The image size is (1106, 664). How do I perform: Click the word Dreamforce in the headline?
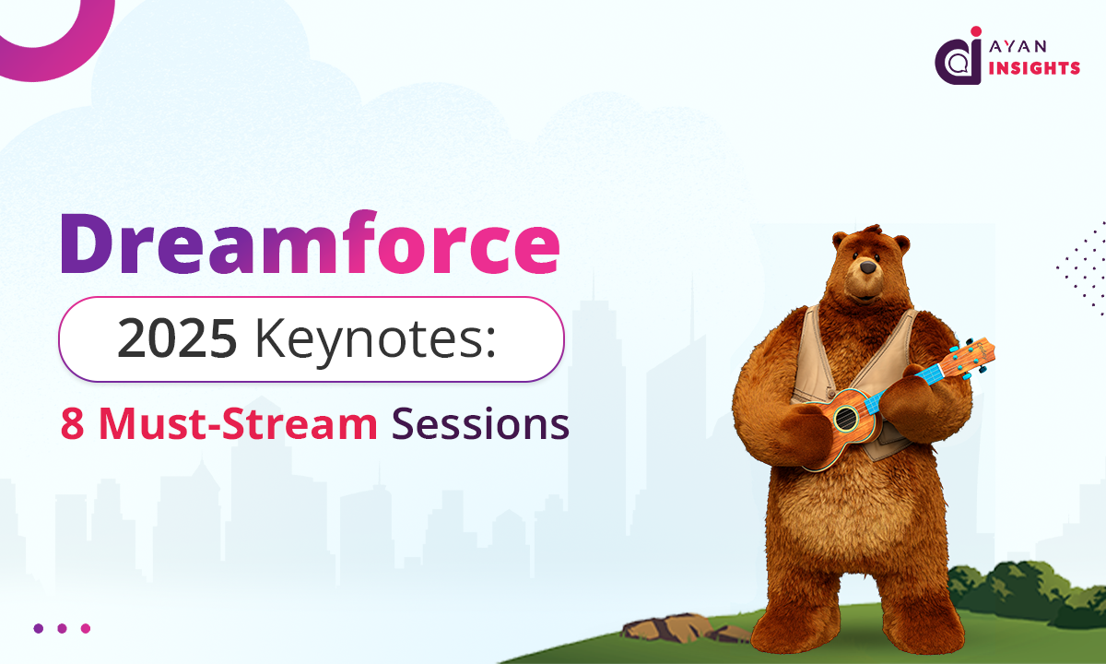point(310,243)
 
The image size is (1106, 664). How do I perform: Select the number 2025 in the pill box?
point(177,339)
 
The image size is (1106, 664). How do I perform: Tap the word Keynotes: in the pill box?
point(375,342)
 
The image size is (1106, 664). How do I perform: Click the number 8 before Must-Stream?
point(72,424)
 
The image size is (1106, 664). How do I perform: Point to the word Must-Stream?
point(239,423)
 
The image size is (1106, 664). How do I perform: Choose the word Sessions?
point(480,423)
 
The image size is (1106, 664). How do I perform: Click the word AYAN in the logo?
point(1018,46)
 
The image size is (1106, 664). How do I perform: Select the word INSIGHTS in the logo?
point(1034,68)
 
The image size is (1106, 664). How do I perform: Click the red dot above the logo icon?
point(976,31)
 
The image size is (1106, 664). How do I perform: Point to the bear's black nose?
point(867,267)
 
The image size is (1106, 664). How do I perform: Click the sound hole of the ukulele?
point(846,419)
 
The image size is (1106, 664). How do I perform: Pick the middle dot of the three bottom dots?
point(62,628)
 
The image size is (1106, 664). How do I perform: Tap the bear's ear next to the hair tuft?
point(840,240)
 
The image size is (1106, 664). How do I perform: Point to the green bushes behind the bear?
point(1027,592)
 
